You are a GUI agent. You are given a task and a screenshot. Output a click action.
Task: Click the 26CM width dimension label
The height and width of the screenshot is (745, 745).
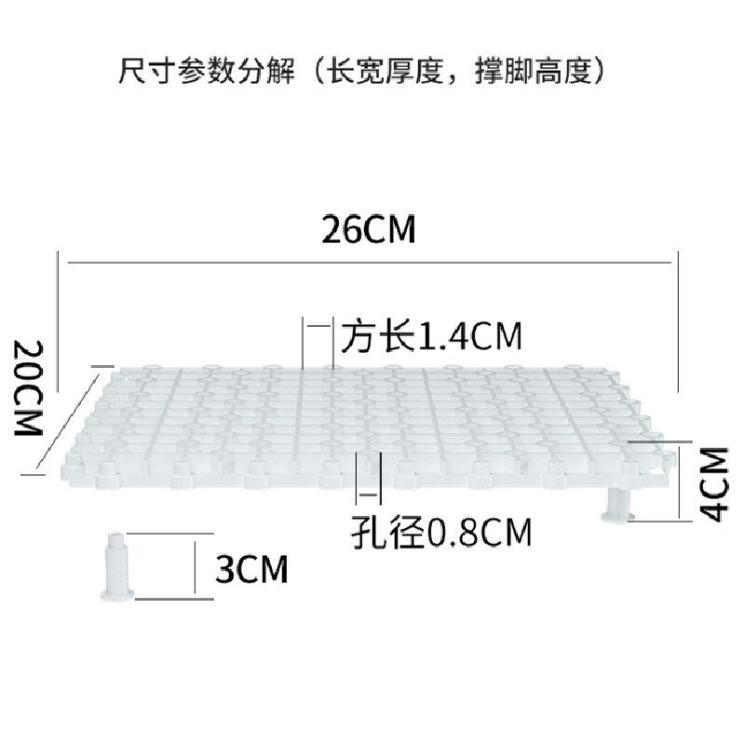(x=369, y=229)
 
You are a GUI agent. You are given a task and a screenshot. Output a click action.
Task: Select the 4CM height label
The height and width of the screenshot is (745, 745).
(x=712, y=484)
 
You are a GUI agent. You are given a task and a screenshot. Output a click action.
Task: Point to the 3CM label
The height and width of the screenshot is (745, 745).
(x=251, y=568)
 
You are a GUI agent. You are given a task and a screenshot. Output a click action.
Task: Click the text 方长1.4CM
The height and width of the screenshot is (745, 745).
(x=430, y=335)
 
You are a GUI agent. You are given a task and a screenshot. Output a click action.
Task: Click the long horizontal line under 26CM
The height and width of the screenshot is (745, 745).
(x=369, y=264)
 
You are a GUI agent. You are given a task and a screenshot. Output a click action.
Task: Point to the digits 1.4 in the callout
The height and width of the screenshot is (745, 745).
(x=443, y=335)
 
